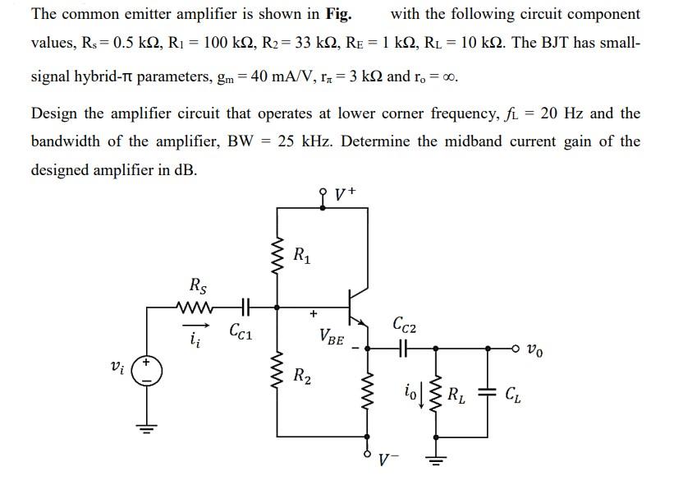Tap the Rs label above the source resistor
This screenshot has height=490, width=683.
[x=198, y=287]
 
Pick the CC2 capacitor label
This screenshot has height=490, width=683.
[x=405, y=325]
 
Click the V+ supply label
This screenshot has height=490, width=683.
[x=344, y=195]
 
